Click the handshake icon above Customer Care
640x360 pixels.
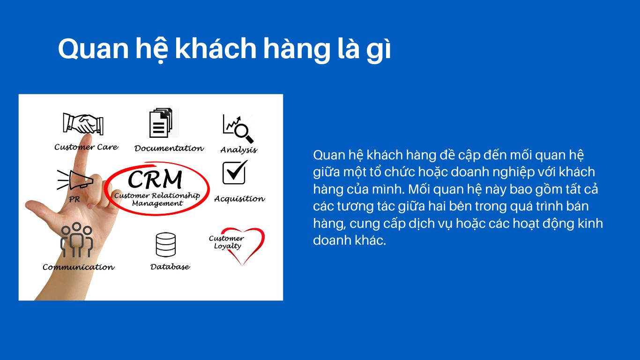point(83,124)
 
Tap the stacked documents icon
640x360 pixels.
point(161,123)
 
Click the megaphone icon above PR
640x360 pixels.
point(75,180)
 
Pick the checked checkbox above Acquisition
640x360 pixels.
point(235,172)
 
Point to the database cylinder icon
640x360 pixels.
point(166,245)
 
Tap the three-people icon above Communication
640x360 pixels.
point(76,240)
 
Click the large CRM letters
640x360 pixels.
point(155,179)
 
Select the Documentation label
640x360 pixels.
point(169,149)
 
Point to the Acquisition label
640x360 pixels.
point(240,199)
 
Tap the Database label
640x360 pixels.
point(170,267)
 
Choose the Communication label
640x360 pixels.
point(79,267)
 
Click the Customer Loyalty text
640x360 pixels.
point(226,242)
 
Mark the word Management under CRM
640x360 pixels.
point(157,203)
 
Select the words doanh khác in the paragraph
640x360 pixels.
point(350,240)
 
